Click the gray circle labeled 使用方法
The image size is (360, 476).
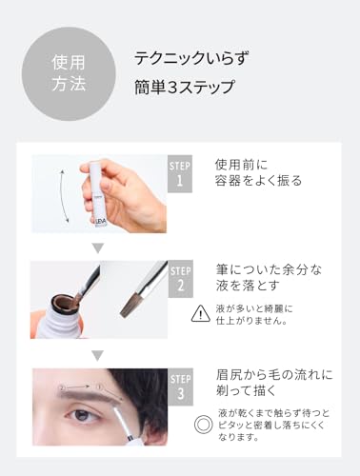(x=69, y=74)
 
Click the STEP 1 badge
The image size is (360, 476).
(x=179, y=173)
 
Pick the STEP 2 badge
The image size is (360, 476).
(x=179, y=279)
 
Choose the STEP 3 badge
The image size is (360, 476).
(x=179, y=387)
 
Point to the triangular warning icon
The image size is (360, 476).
(x=201, y=314)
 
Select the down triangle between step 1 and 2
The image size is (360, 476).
(x=97, y=248)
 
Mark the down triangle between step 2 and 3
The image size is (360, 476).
(x=97, y=355)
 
